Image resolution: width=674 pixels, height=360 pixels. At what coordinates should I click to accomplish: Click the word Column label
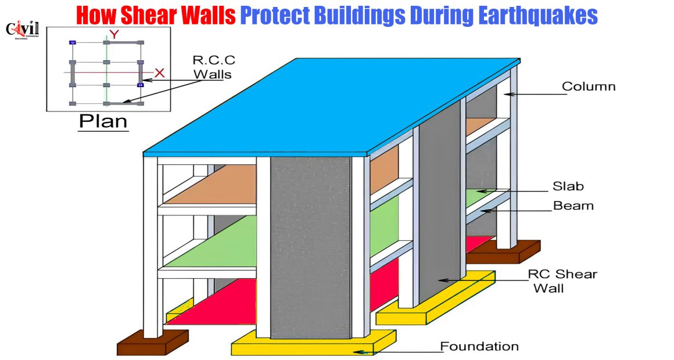pyautogui.click(x=589, y=87)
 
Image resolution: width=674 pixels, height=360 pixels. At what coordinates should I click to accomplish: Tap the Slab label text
pyautogui.click(x=568, y=186)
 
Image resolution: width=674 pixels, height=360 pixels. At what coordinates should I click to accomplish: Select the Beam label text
pyautogui.click(x=573, y=206)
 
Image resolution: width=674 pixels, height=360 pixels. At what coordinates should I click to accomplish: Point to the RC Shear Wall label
pyautogui.click(x=562, y=281)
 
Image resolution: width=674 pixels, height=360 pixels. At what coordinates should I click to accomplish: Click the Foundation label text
pyautogui.click(x=479, y=346)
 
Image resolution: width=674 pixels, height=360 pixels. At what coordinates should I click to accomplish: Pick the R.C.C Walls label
pyautogui.click(x=213, y=67)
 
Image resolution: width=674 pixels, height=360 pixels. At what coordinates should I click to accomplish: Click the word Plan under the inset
pyautogui.click(x=103, y=121)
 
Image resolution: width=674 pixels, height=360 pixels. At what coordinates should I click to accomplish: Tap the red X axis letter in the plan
pyautogui.click(x=159, y=73)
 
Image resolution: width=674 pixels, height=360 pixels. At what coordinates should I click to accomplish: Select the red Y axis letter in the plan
pyautogui.click(x=114, y=34)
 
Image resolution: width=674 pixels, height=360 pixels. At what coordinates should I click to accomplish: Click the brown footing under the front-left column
pyautogui.click(x=153, y=342)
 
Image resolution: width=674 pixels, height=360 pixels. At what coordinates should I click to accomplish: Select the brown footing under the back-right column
pyautogui.click(x=503, y=252)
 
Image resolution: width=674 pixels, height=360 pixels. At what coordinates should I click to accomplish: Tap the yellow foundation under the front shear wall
pyautogui.click(x=313, y=343)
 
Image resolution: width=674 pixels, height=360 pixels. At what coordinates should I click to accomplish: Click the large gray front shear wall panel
pyautogui.click(x=310, y=248)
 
